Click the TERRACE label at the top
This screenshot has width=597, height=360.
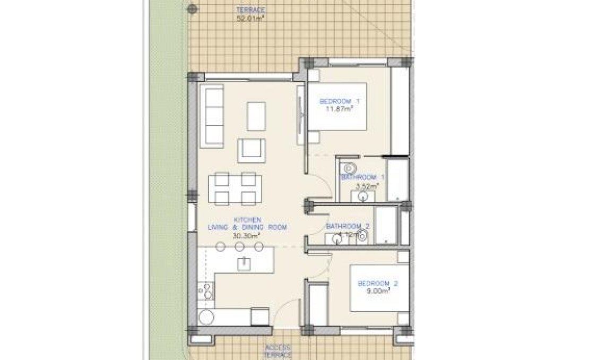click(252, 10)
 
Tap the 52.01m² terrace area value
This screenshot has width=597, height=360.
click(250, 18)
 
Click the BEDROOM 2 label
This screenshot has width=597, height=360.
click(377, 283)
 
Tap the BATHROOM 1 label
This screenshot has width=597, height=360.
click(363, 177)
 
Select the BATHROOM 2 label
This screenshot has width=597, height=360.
click(348, 226)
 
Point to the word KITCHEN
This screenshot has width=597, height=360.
click(247, 219)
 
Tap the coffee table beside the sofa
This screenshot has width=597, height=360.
click(257, 116)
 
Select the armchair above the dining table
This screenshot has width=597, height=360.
click(252, 150)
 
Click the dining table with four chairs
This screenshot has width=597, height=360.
click(232, 188)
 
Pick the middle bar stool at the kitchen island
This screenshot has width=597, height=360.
click(239, 246)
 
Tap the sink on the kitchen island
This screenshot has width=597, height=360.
click(244, 261)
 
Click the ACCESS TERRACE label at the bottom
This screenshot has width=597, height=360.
click(279, 349)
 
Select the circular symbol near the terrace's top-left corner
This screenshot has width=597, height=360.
click(193, 8)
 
